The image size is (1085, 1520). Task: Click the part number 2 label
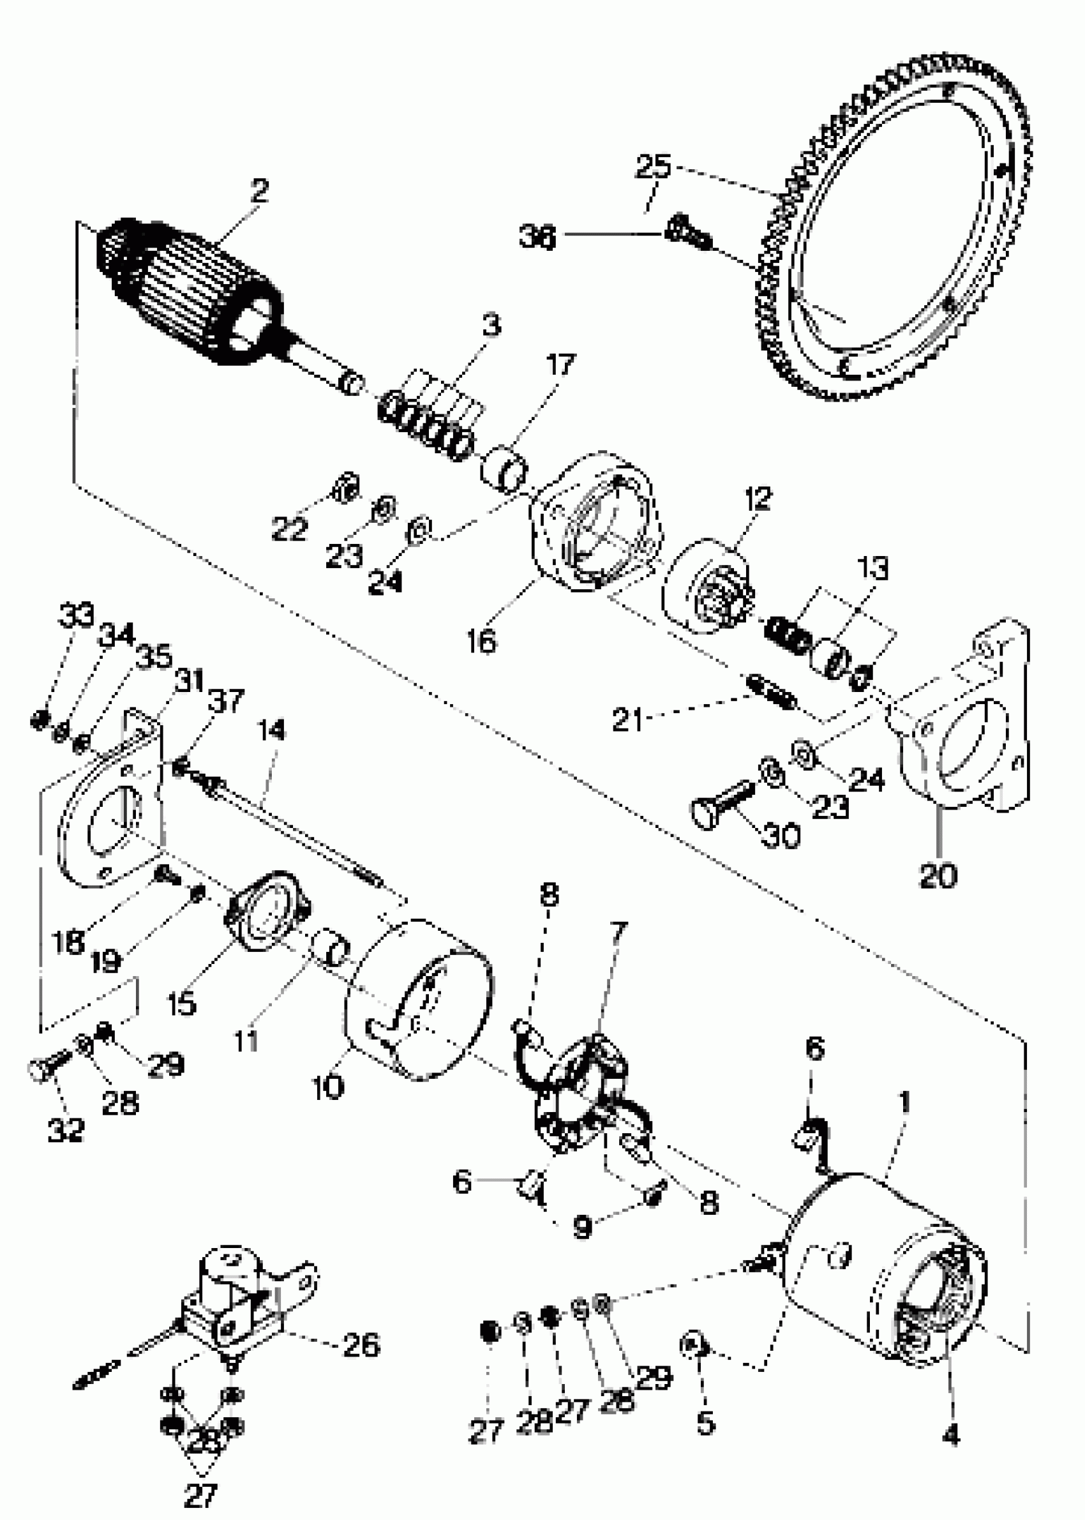pos(259,191)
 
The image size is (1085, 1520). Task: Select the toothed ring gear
pos(895,234)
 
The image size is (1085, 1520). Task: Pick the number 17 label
pos(560,365)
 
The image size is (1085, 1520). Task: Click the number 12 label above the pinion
pos(758,499)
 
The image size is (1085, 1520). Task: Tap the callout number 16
pos(482,641)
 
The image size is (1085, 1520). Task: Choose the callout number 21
pos(627,720)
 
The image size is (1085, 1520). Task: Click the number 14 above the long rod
pos(271,730)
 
